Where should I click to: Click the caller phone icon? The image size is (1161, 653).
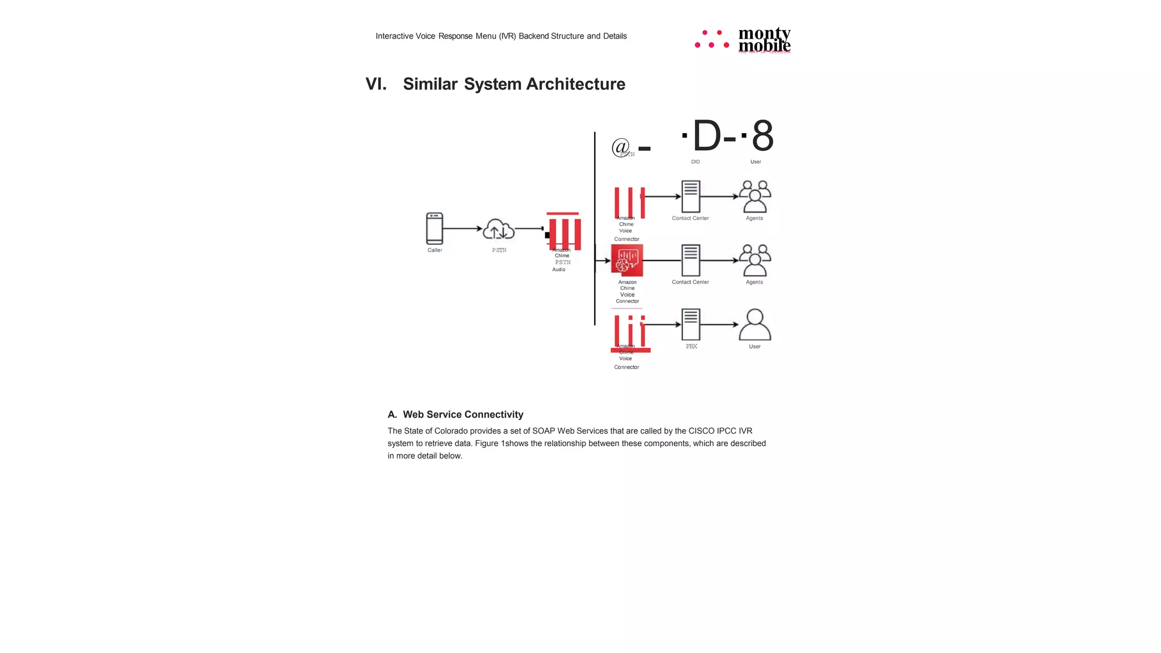(x=434, y=228)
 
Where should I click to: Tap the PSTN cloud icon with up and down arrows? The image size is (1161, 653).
(x=498, y=229)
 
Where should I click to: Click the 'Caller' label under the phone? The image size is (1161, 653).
(x=435, y=250)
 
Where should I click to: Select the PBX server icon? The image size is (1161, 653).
(x=690, y=324)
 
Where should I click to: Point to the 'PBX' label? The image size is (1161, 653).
(x=692, y=346)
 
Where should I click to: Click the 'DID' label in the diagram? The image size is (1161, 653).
(x=695, y=162)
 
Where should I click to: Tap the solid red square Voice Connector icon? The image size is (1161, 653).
(x=627, y=260)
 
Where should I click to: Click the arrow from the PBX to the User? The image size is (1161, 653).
(x=719, y=325)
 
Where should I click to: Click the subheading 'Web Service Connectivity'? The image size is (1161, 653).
(x=463, y=414)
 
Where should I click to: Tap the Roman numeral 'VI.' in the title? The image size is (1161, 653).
(x=376, y=84)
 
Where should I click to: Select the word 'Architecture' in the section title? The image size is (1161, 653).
(x=575, y=84)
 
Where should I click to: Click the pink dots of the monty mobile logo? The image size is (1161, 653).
(x=712, y=39)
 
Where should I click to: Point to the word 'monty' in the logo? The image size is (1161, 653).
(x=764, y=33)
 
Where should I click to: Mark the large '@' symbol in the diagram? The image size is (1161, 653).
(x=621, y=147)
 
